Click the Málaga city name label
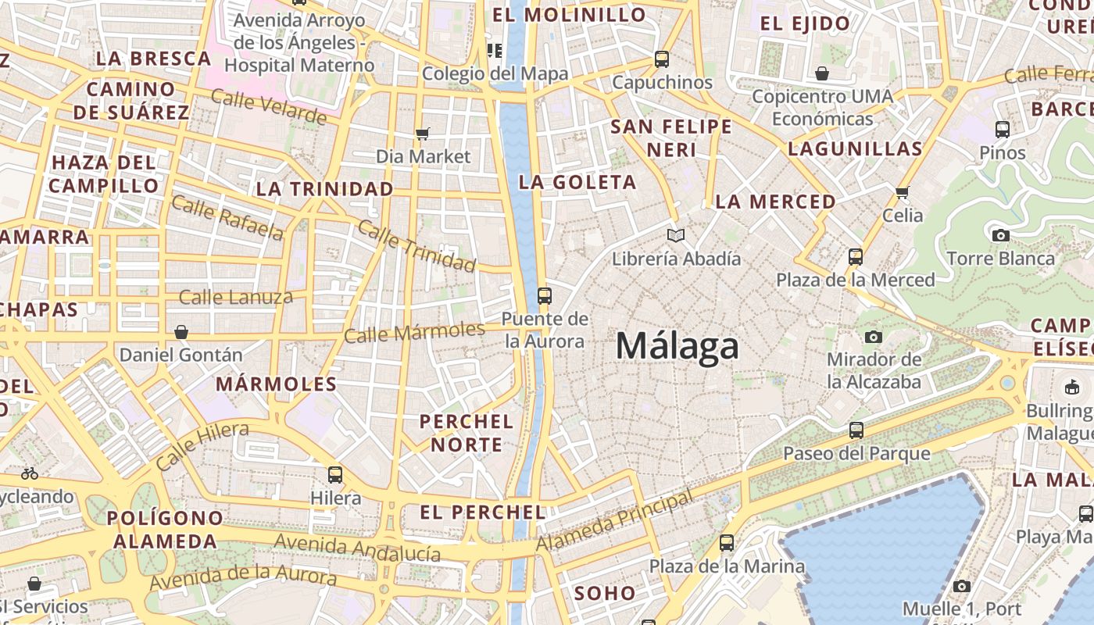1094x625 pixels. tap(677, 346)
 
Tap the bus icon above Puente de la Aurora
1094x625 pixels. tap(545, 296)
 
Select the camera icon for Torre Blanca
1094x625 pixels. tap(1000, 235)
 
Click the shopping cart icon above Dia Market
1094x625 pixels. tap(423, 134)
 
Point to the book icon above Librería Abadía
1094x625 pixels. tap(676, 235)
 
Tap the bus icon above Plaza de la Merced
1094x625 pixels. tap(856, 256)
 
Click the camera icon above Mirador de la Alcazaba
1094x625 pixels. tap(874, 337)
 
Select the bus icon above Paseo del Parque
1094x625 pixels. tap(856, 430)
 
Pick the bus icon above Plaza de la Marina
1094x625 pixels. tap(727, 542)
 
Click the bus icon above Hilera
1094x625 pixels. tap(335, 474)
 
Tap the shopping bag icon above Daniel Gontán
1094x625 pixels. tap(181, 332)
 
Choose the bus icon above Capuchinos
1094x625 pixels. tap(662, 59)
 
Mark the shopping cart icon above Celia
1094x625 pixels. tap(903, 191)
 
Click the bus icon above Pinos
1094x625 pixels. tap(1003, 129)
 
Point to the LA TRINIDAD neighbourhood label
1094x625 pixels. tap(325, 189)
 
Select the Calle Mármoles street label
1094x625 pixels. tap(414, 332)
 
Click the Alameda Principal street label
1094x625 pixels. tap(615, 520)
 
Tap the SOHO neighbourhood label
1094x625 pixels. tap(605, 594)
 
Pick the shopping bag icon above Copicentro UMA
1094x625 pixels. tap(821, 73)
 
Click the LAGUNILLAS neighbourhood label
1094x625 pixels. tap(855, 148)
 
